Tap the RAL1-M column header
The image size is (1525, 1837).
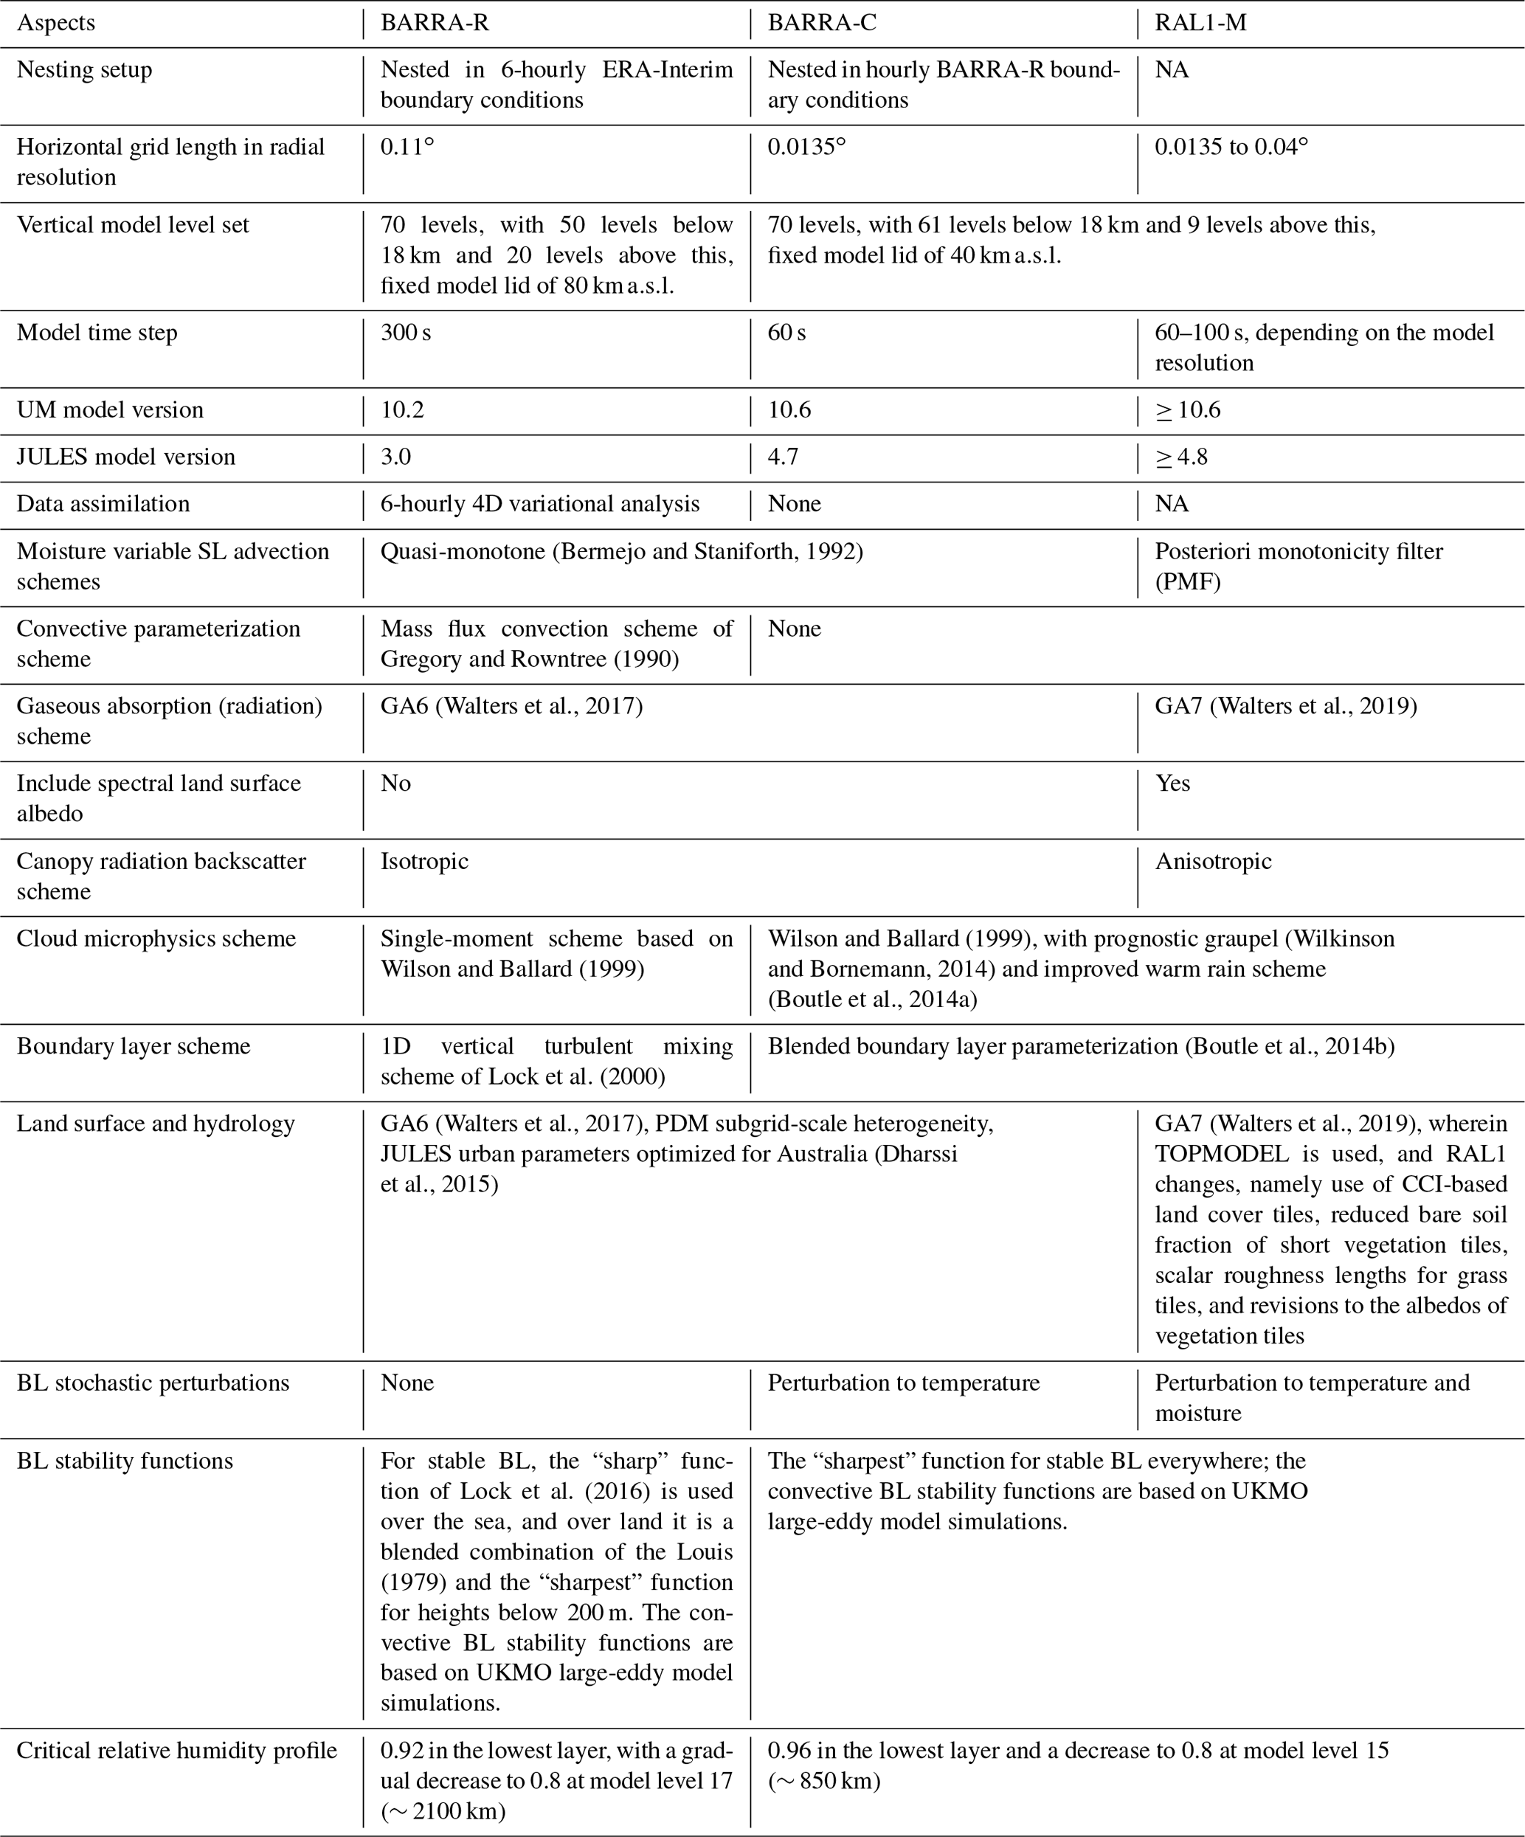coord(1200,23)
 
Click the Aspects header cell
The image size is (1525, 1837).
coord(56,23)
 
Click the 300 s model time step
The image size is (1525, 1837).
coord(405,333)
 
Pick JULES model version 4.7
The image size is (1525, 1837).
coord(782,457)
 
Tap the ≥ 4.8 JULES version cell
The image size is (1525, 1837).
coord(1181,457)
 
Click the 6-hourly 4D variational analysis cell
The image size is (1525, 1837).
coord(540,504)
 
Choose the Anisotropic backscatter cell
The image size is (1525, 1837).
coord(1213,861)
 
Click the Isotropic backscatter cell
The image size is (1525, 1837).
coord(424,861)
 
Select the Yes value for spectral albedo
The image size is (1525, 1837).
coord(1172,783)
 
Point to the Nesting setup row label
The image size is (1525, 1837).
coord(84,70)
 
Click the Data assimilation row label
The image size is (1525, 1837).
coord(103,504)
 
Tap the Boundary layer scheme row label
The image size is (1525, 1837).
coord(133,1046)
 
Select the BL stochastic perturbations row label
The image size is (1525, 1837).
coord(152,1383)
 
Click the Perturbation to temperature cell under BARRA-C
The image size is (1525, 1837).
coord(904,1383)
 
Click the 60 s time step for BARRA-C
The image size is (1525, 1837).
coord(786,333)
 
